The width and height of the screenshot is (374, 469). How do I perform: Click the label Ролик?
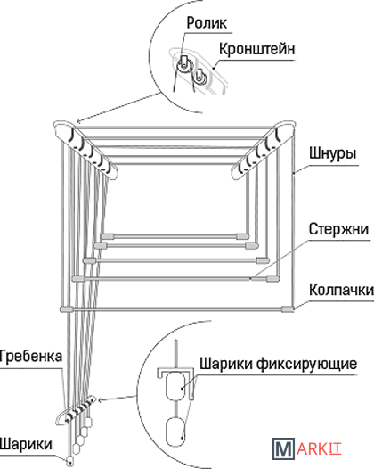(x=207, y=23)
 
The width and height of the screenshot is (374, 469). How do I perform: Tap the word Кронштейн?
(x=256, y=49)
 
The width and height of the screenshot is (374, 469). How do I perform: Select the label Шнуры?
(x=332, y=152)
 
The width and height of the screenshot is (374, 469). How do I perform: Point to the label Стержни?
(x=338, y=229)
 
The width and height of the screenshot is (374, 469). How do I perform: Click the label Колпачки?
(x=341, y=290)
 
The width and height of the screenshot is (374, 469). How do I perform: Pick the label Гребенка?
(x=30, y=356)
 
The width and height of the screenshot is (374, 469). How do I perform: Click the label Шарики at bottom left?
(x=26, y=444)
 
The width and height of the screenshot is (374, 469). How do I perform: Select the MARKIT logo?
(x=307, y=448)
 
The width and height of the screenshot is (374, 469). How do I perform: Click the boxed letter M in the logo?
(x=283, y=448)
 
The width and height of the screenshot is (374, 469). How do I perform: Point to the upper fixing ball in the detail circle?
(x=176, y=386)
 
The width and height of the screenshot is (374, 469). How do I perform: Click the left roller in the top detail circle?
(x=183, y=66)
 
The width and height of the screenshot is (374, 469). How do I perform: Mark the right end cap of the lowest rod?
(x=288, y=309)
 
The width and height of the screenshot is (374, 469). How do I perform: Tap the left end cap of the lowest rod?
(x=66, y=309)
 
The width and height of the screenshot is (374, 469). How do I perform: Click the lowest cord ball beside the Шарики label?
(x=69, y=461)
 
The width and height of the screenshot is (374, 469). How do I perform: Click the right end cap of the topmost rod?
(x=242, y=236)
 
